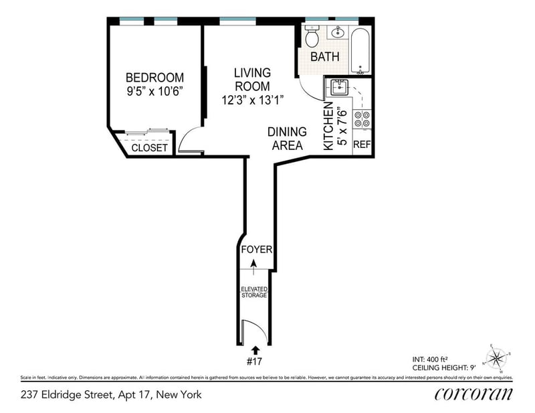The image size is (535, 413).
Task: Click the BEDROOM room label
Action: (154, 78)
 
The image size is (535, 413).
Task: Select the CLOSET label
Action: (149, 148)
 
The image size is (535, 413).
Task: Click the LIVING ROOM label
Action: (252, 79)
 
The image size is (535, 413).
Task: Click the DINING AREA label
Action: (287, 139)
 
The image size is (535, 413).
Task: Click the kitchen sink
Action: (338, 86)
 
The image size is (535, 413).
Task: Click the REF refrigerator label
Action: (362, 145)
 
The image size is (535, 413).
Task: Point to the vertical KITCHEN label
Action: (328, 127)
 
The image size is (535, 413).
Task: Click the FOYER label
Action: (256, 250)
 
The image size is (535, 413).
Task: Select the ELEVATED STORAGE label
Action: (254, 292)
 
